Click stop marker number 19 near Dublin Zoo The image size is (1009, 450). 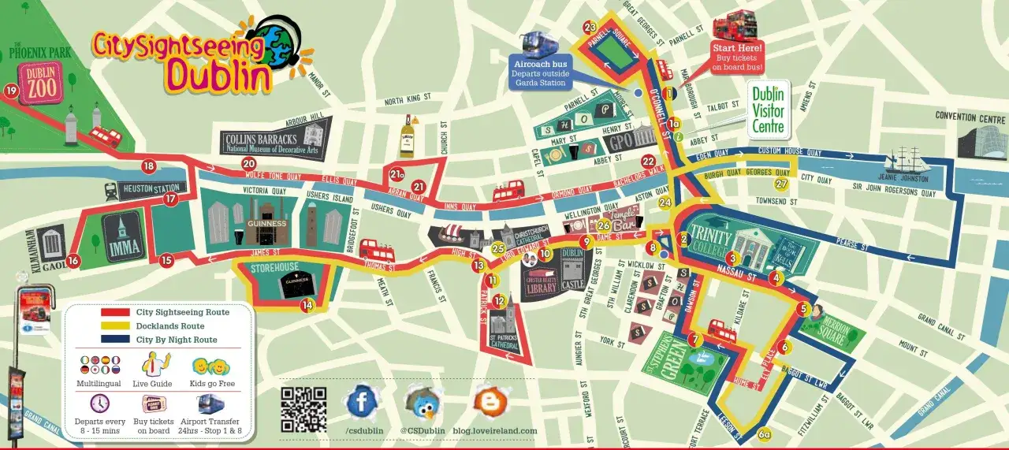11,91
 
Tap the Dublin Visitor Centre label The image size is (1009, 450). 768,110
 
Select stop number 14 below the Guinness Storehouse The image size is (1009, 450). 307,304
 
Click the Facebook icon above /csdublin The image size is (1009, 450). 362,402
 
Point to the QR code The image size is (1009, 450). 303,408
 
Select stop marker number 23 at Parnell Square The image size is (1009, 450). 590,28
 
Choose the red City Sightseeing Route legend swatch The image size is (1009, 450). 114,313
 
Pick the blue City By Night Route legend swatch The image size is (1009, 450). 114,340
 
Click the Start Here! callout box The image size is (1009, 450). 737,58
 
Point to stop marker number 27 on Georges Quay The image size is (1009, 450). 780,184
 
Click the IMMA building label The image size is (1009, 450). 123,248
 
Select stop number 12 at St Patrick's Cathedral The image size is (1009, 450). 498,300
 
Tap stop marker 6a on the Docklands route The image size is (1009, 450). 764,433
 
